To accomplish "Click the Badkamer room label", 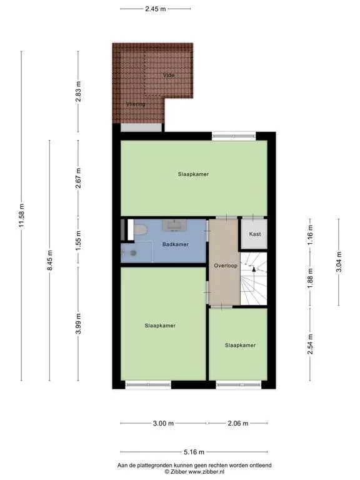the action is click(176, 244).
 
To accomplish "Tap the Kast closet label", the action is click(255, 234).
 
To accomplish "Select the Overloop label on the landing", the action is click(226, 266).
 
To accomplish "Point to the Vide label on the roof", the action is click(169, 75).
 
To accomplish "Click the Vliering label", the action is click(136, 104).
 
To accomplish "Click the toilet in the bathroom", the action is click(140, 229).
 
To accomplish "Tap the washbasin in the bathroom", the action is click(174, 226).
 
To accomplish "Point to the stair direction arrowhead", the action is click(254, 269).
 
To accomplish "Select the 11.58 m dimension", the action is click(21, 215).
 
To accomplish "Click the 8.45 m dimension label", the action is click(50, 260).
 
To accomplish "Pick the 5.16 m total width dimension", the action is click(194, 452).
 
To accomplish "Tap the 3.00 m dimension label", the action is click(163, 423).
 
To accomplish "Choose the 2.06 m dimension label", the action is click(238, 423).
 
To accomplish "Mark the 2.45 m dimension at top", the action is click(156, 9).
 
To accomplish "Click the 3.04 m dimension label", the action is click(339, 262).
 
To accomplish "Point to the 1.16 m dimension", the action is click(310, 235).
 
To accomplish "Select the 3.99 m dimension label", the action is click(78, 324).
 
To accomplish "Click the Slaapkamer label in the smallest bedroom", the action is click(240, 345).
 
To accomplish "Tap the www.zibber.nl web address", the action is click(206, 472).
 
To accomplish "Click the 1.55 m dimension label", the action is click(78, 240).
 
